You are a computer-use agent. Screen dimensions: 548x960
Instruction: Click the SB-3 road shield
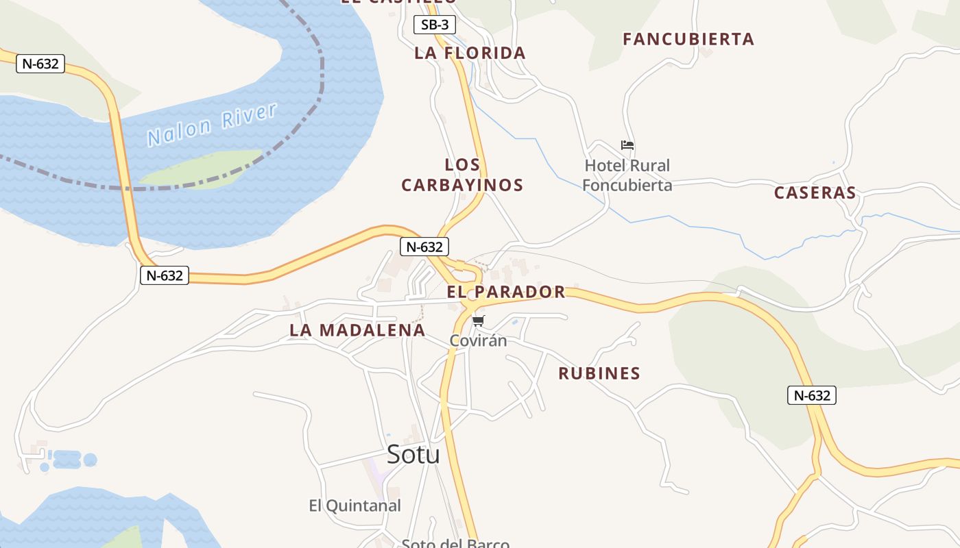pos(435,25)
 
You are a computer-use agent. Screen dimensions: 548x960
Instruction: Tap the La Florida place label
pos(470,53)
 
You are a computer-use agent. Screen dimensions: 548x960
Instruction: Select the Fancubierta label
pos(688,39)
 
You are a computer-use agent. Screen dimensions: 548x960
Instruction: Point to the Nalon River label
pos(212,125)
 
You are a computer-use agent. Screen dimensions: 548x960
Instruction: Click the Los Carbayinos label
pos(462,175)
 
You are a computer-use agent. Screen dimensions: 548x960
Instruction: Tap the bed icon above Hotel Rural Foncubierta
pos(627,145)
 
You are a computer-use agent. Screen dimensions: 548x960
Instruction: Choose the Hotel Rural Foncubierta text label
pos(627,175)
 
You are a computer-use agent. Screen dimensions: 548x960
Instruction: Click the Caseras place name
pos(815,192)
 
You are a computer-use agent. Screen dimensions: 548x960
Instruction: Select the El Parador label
pos(506,292)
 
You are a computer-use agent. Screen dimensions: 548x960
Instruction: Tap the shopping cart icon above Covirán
pos(479,321)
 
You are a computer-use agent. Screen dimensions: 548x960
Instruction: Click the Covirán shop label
pos(478,340)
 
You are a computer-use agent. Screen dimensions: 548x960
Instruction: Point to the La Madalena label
pos(357,329)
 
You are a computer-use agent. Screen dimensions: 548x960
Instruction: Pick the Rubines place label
pos(599,373)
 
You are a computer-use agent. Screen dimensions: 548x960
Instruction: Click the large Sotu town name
pos(413,453)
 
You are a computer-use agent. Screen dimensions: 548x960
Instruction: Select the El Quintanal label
pos(355,506)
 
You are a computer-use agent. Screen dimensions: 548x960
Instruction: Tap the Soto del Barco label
pos(455,543)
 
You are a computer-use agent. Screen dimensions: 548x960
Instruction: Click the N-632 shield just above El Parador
pos(424,247)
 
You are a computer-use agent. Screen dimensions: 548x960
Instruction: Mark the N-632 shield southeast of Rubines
pos(811,395)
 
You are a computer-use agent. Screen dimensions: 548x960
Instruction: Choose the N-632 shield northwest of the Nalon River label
pos(40,64)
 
